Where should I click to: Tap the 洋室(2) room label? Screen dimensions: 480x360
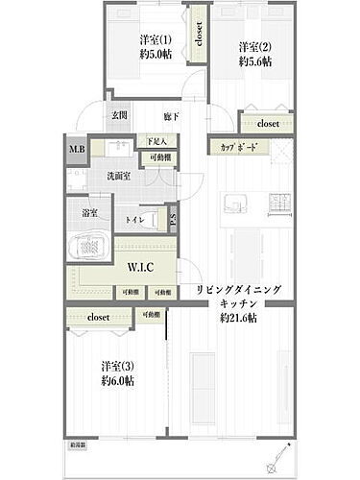tap(252, 47)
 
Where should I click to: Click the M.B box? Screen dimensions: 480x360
tap(75, 147)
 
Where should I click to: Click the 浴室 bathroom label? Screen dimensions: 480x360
tap(89, 212)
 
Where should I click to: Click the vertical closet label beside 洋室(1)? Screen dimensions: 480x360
tap(198, 36)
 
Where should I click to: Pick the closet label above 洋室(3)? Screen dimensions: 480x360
tap(99, 316)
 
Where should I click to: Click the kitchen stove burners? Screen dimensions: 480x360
tap(278, 204)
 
